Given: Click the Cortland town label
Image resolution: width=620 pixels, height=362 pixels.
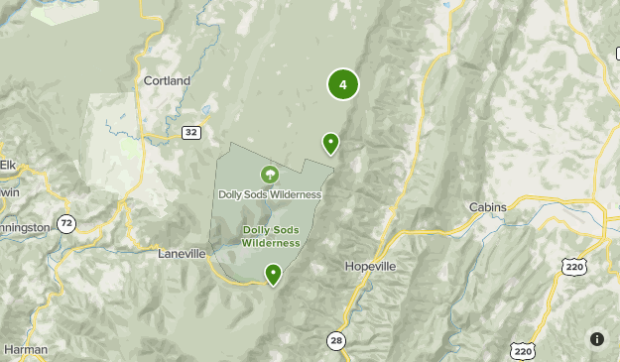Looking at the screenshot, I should pyautogui.click(x=166, y=81).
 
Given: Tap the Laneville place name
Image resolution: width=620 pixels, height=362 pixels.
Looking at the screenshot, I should pyautogui.click(x=182, y=254).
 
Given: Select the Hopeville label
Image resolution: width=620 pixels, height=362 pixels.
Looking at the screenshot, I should pyautogui.click(x=370, y=267).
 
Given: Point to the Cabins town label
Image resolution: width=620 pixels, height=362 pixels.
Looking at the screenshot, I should pyautogui.click(x=487, y=207).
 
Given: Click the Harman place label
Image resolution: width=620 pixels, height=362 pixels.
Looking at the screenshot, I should pyautogui.click(x=24, y=349).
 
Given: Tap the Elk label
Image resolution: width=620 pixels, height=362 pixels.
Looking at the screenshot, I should pyautogui.click(x=8, y=164).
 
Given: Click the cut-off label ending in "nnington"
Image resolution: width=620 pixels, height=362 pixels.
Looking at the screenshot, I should pyautogui.click(x=25, y=227).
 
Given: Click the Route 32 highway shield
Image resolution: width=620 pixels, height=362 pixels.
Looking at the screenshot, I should pyautogui.click(x=190, y=132).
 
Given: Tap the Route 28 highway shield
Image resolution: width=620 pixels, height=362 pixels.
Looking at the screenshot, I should pyautogui.click(x=336, y=341).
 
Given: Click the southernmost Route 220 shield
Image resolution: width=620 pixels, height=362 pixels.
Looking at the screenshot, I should pyautogui.click(x=523, y=350).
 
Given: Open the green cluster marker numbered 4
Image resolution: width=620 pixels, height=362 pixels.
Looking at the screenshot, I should pyautogui.click(x=342, y=84).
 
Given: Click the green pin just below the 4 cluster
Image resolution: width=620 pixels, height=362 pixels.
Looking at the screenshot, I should pyautogui.click(x=330, y=144).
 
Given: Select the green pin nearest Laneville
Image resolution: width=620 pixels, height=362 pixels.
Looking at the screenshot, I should pyautogui.click(x=273, y=274).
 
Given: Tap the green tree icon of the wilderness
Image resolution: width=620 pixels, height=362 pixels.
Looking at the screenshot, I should pyautogui.click(x=269, y=176).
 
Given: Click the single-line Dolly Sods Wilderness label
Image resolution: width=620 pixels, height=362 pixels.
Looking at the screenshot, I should pyautogui.click(x=270, y=194).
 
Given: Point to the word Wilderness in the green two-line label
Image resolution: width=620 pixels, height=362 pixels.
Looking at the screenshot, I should pyautogui.click(x=270, y=242).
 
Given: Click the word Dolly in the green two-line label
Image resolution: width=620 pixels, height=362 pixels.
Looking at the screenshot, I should pyautogui.click(x=257, y=230).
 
